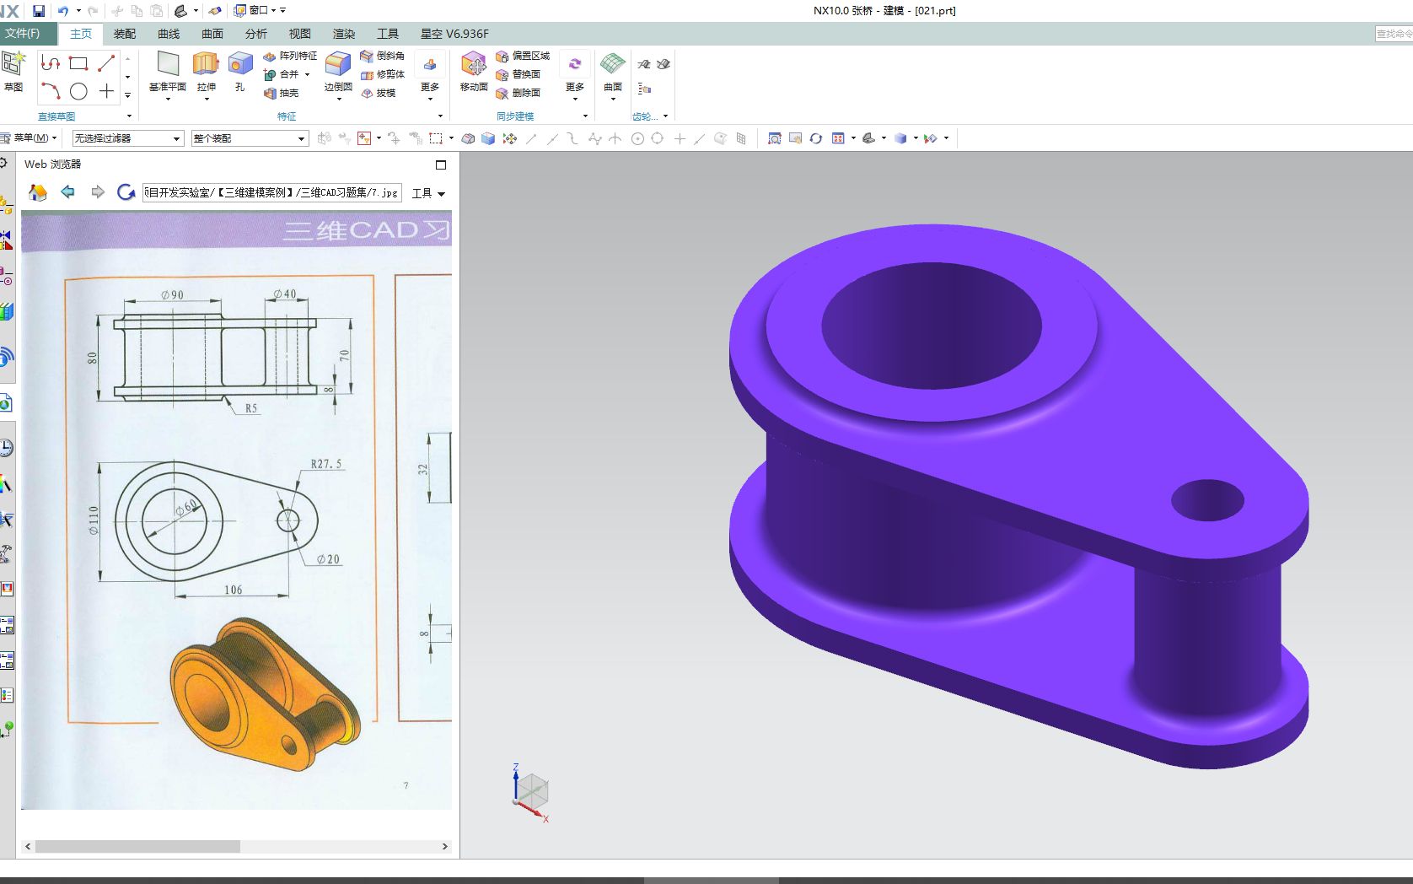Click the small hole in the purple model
click(x=1207, y=501)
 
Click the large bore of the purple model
click(x=931, y=326)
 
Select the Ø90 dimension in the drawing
click(x=172, y=294)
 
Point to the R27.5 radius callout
click(x=326, y=464)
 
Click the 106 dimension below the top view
click(x=233, y=590)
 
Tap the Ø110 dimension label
click(x=94, y=520)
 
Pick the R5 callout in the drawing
click(x=251, y=408)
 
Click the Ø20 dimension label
click(x=328, y=559)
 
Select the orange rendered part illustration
click(x=263, y=693)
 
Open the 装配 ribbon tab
click(x=125, y=34)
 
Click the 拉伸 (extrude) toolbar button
click(x=206, y=71)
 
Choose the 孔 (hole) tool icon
click(x=240, y=71)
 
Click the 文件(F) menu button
click(x=23, y=34)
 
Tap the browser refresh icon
click(x=126, y=192)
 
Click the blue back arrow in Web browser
click(x=68, y=192)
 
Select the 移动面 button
click(x=473, y=71)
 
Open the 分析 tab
click(x=255, y=34)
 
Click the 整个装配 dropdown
click(x=250, y=138)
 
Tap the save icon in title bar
click(x=39, y=11)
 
